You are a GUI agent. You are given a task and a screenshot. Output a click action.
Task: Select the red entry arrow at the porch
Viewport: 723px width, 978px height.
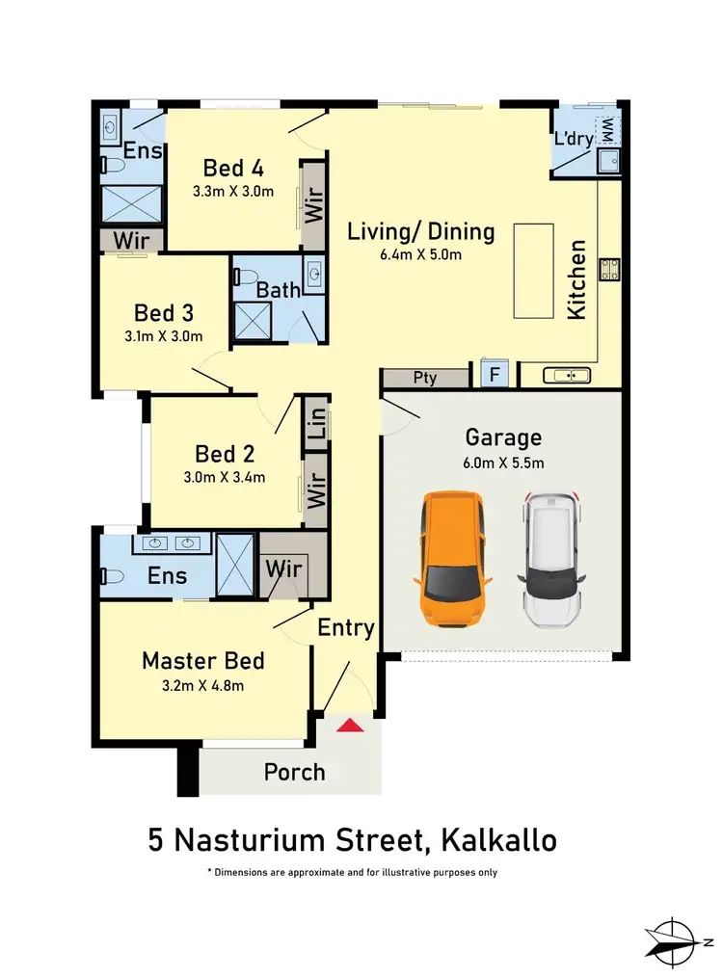[349, 725]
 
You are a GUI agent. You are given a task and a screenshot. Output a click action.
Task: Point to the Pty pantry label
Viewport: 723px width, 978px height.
[425, 378]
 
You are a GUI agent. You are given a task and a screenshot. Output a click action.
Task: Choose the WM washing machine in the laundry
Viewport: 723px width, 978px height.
[607, 128]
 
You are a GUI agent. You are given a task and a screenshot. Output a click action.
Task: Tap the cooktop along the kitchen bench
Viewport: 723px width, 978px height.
[609, 270]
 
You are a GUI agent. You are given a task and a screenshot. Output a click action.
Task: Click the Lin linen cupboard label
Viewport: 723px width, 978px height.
[316, 423]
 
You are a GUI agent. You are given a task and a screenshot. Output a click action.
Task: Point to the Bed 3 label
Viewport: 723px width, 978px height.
[164, 313]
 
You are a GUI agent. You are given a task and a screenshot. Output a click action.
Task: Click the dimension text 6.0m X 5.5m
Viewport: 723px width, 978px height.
[503, 463]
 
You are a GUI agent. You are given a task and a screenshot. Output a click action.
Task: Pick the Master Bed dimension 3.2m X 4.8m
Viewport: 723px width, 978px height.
[202, 686]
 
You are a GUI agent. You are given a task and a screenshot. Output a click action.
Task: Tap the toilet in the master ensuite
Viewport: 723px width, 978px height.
[111, 577]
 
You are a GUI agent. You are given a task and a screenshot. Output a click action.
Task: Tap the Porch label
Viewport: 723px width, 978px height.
[294, 772]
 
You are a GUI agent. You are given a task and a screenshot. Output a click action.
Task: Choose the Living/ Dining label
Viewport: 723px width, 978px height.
[420, 231]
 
